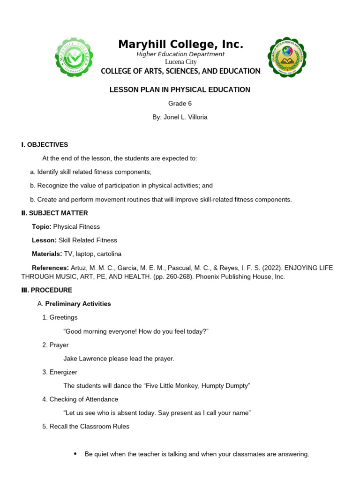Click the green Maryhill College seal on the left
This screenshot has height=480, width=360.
pos(74,57)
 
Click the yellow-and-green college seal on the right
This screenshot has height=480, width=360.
pos(286,57)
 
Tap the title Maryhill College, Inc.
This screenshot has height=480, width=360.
pos(180,45)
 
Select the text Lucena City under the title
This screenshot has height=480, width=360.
pos(180,62)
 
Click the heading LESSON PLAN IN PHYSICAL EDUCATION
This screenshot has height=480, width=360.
pos(180,90)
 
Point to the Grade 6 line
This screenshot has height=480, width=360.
pos(180,104)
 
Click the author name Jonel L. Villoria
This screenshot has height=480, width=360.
pos(185,117)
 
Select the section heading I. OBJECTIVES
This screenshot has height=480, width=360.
pos(45,145)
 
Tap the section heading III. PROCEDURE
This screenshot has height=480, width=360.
pos(46,290)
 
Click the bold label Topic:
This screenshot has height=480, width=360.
pos(41,226)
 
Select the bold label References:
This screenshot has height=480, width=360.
pos(50,268)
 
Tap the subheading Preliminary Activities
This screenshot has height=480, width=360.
pos(78,304)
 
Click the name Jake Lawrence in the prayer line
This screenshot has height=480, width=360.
pos(86,359)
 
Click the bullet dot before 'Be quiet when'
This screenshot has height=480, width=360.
pos(76,454)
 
